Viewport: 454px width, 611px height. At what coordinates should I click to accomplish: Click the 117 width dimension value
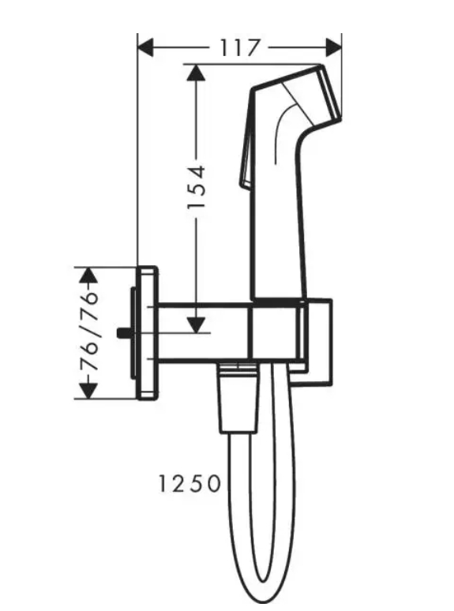tap(239, 49)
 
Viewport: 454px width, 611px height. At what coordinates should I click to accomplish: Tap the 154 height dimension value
tap(197, 186)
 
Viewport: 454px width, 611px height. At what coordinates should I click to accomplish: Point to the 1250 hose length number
tap(189, 483)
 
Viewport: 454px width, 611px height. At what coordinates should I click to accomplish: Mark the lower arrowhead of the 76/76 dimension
tap(91, 390)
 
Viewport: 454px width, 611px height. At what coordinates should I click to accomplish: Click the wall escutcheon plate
tap(148, 332)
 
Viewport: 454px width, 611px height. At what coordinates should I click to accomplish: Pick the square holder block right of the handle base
tap(319, 343)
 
